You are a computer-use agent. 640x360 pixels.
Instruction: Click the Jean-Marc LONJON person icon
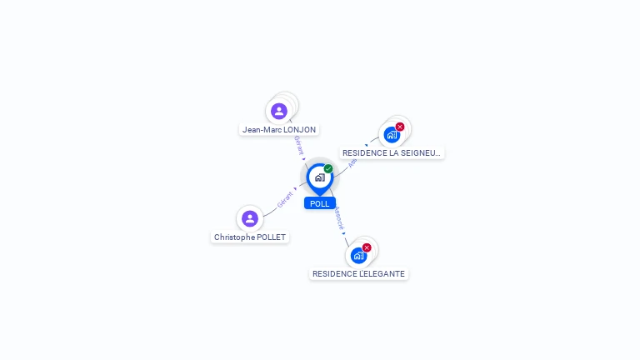point(279,111)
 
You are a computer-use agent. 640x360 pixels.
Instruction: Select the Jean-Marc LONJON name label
point(279,130)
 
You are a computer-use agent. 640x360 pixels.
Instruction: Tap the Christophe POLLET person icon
point(249,218)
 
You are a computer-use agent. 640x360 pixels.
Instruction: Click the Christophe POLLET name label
point(250,237)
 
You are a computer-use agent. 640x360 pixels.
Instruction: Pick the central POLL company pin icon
point(319,177)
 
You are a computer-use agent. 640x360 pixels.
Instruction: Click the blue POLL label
point(320,203)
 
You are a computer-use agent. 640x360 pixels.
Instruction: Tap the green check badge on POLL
point(328,169)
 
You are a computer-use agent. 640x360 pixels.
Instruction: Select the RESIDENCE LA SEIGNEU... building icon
point(391,135)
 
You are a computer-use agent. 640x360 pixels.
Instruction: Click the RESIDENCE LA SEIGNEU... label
point(392,153)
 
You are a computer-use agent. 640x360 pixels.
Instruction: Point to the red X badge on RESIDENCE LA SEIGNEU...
point(400,127)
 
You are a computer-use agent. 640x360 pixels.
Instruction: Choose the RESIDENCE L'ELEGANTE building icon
point(358,255)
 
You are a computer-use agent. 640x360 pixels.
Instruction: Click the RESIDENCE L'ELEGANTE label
point(358,274)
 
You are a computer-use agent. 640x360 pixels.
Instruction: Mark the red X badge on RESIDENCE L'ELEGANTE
point(367,247)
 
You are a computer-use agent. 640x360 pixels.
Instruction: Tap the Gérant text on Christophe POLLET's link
point(285,199)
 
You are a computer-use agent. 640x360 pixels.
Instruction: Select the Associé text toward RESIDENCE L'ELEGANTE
point(338,218)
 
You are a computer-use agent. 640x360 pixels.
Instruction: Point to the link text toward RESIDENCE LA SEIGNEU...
point(352,162)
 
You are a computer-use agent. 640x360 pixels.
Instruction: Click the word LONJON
point(300,130)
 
